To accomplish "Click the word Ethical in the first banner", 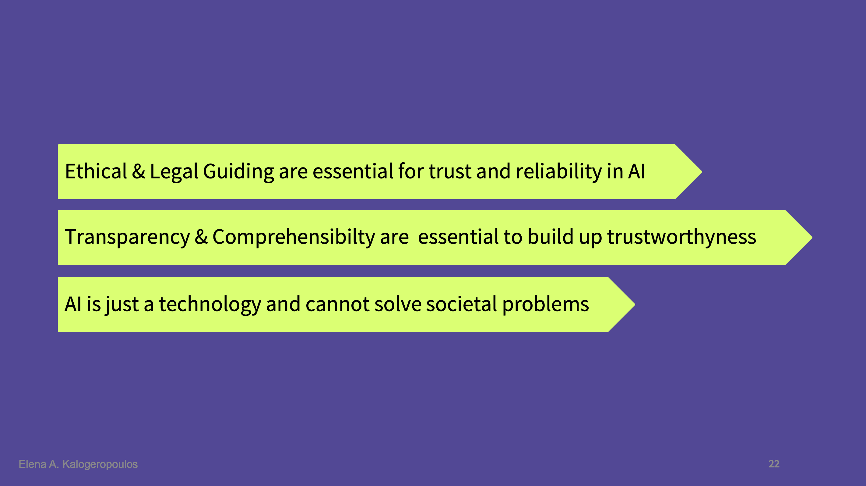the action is point(96,171).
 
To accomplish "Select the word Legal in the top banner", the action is point(174,172).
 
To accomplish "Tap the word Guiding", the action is point(238,172).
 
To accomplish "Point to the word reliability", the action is point(559,172).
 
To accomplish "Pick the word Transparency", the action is point(127,237).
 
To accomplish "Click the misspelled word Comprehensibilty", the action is point(294,237).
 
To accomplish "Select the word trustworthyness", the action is point(681,237).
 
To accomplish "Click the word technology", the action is point(210,305).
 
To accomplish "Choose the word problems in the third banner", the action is point(545,305).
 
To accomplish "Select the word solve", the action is point(398,304).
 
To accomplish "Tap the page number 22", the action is point(774,464).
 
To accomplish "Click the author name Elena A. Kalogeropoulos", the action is point(78,464).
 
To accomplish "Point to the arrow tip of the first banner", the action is point(702,172).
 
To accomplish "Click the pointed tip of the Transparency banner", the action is point(812,238).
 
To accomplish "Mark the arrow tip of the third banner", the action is point(635,305).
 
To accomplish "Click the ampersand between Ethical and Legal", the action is point(138,171).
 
